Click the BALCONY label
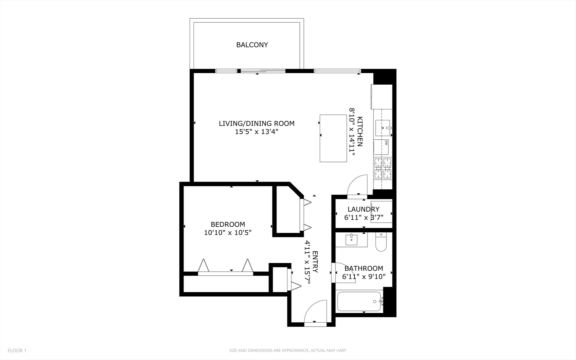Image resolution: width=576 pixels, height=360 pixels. (252, 45)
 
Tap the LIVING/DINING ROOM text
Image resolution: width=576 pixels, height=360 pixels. (257, 123)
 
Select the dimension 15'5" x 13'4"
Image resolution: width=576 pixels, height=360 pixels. (257, 132)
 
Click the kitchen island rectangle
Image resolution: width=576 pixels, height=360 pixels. (333, 138)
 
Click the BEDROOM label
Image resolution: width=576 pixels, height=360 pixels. (228, 224)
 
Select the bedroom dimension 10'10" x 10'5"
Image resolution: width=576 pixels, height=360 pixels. (228, 233)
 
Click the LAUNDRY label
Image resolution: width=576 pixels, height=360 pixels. (363, 209)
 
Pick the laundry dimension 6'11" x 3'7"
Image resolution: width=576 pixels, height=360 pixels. (363, 218)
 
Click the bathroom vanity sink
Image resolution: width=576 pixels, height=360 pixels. (351, 240)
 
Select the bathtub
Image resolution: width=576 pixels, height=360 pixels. (359, 302)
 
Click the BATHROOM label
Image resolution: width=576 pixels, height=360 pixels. (363, 268)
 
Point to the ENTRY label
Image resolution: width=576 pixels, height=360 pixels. (315, 262)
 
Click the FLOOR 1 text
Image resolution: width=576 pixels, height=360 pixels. (17, 350)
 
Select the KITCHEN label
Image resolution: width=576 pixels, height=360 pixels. (360, 132)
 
